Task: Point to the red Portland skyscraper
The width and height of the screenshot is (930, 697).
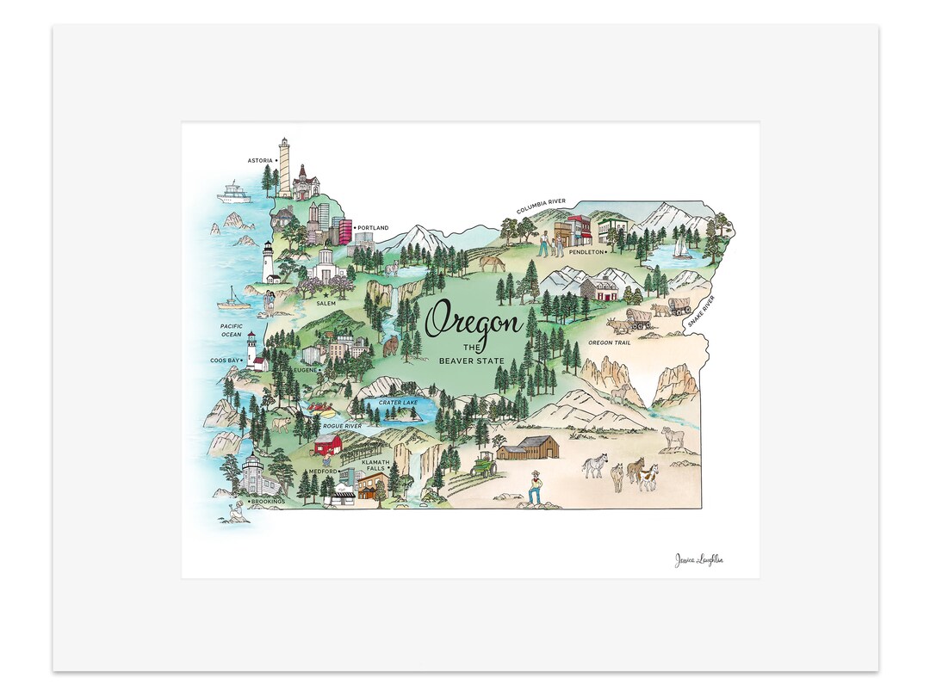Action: point(345,231)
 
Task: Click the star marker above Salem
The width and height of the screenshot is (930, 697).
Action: point(326,294)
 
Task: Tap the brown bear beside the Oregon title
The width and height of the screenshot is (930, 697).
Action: point(390,346)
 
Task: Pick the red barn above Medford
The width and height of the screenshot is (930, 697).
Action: point(328,444)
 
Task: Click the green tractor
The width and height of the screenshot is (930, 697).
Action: point(483,465)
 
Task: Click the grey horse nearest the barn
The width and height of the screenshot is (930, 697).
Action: point(595,466)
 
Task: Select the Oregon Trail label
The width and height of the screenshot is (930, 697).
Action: point(610,343)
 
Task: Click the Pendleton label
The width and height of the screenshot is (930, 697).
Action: point(586,253)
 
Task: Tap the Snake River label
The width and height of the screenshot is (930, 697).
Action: point(702,312)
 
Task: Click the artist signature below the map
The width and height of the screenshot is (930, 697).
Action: point(698,560)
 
